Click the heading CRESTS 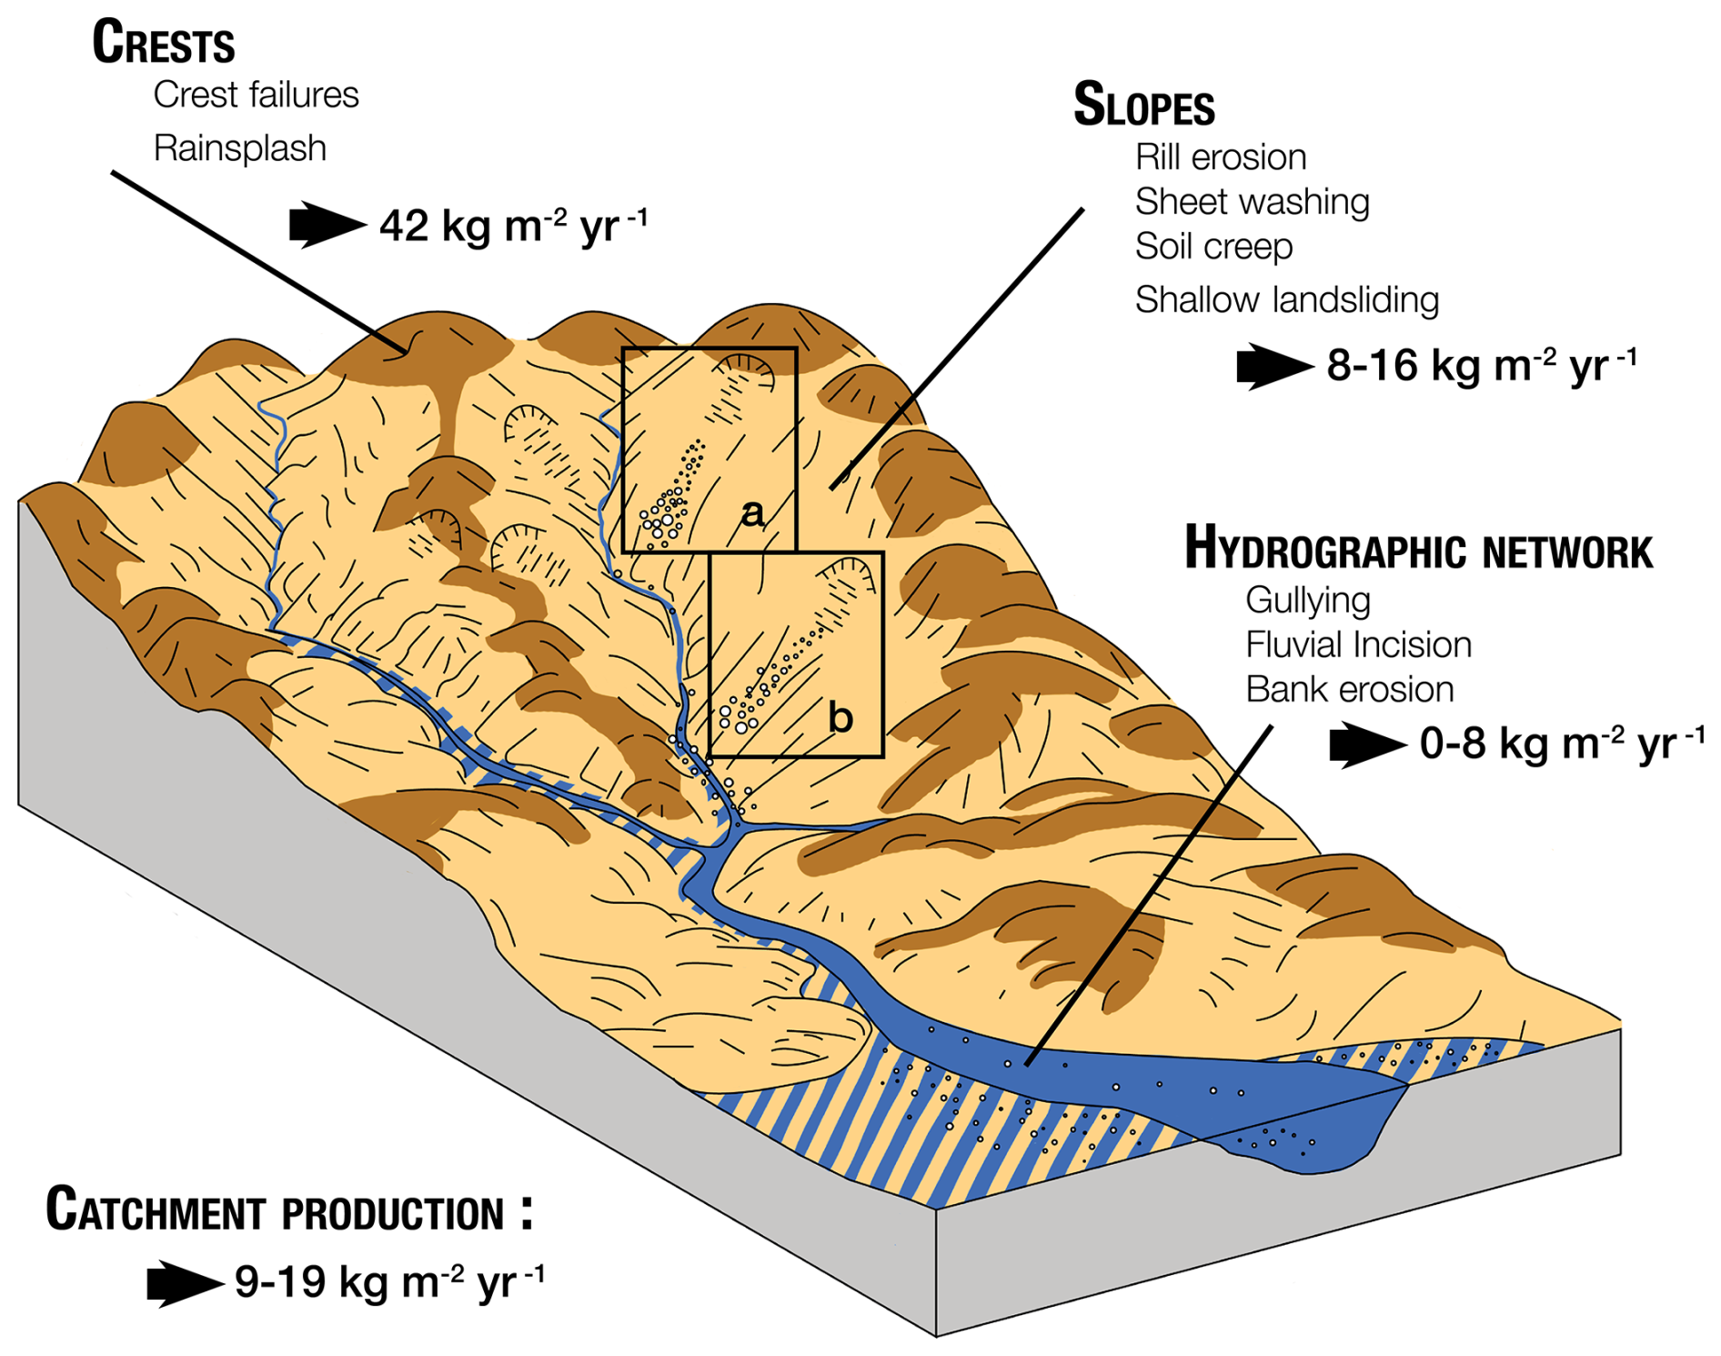164,43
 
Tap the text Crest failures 256,95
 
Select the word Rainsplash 239,148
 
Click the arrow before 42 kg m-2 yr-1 326,225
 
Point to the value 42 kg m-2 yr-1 513,225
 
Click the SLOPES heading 1143,105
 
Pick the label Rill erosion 1220,157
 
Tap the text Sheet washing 1252,202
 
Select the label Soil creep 1213,247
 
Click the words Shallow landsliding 1286,299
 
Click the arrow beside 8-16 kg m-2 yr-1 1273,366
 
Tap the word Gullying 1308,601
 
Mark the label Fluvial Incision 1358,645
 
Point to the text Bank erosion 1349,690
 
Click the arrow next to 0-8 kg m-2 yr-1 1366,744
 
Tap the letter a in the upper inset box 752,514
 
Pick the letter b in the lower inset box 840,719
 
